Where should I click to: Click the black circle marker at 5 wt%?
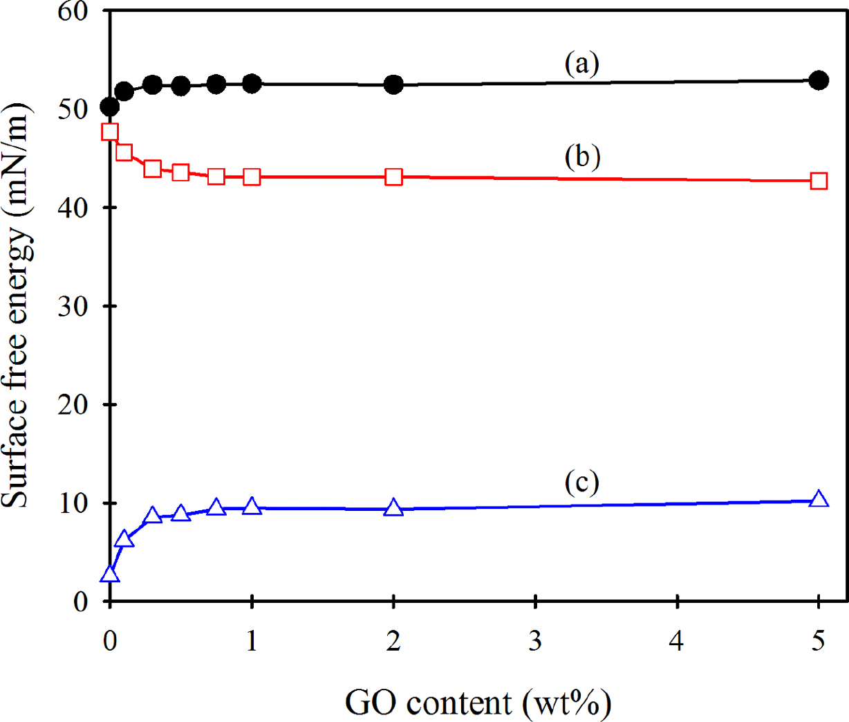(x=819, y=80)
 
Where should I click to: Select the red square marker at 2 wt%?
(x=393, y=177)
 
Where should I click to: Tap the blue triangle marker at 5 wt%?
(x=819, y=499)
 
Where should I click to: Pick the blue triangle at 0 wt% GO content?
(x=109, y=574)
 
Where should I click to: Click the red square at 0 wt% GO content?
(x=109, y=132)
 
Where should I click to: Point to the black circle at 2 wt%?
(x=393, y=84)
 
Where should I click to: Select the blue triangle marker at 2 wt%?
(x=393, y=507)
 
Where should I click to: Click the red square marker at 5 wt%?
(x=819, y=181)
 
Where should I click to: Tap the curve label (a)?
(x=581, y=64)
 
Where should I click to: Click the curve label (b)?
(x=582, y=156)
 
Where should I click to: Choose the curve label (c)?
(x=581, y=482)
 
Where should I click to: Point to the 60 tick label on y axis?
(x=74, y=12)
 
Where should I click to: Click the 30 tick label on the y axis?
(x=74, y=306)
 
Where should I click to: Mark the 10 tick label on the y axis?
(x=74, y=503)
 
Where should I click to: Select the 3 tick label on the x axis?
(x=535, y=641)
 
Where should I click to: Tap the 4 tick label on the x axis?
(x=677, y=641)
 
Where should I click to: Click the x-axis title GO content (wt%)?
(x=478, y=703)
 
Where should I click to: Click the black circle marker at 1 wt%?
(x=252, y=84)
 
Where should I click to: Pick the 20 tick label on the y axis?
(x=74, y=404)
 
